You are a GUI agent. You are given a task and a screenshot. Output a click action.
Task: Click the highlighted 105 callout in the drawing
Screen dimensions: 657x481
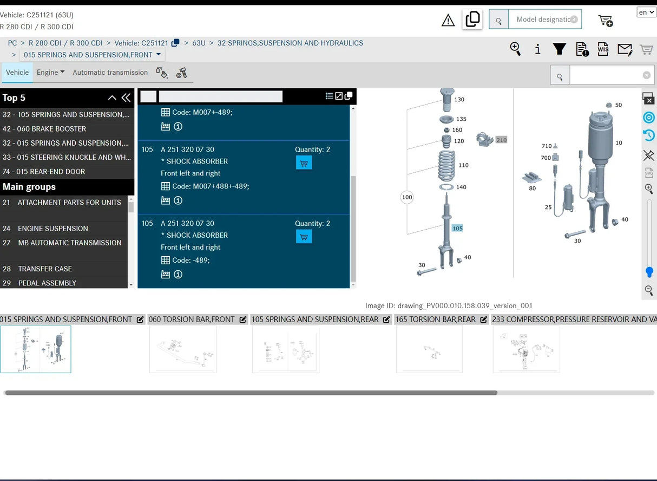(x=457, y=228)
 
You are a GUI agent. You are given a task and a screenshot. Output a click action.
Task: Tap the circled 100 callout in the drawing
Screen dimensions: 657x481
(x=407, y=197)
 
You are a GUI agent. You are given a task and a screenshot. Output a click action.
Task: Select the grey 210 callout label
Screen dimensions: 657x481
(x=501, y=140)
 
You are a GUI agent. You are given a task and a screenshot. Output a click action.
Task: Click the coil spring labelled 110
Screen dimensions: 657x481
(x=446, y=166)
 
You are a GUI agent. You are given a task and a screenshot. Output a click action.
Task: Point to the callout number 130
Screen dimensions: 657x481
(x=459, y=100)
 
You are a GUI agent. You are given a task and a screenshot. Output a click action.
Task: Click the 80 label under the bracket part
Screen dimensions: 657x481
(x=532, y=188)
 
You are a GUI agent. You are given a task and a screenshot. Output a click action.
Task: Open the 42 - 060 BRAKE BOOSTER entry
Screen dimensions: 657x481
(x=44, y=128)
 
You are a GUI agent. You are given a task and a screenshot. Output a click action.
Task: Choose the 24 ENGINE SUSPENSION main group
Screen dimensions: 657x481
(x=45, y=228)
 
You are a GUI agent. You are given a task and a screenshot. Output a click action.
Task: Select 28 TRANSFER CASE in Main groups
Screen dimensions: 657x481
(x=37, y=269)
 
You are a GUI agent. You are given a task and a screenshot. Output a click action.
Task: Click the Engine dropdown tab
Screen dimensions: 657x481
(x=50, y=72)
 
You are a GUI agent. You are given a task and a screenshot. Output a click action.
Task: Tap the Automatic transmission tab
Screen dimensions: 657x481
(x=110, y=72)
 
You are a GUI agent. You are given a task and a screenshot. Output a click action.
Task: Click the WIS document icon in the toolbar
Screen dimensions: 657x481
(x=603, y=49)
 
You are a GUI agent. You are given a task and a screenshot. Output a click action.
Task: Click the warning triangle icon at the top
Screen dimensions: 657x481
(x=448, y=20)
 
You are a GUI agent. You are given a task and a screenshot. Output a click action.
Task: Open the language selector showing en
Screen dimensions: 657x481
(x=646, y=12)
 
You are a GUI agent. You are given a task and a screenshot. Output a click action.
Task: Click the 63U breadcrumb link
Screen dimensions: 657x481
(x=199, y=43)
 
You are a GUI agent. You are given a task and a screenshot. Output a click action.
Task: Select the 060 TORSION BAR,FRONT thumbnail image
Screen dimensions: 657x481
(x=183, y=349)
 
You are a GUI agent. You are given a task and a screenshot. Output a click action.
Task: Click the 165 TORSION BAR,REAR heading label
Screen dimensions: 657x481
(x=435, y=319)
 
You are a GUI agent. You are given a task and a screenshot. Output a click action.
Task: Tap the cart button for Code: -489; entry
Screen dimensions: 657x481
(x=304, y=237)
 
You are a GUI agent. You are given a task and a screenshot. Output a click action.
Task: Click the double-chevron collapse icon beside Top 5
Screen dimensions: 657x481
(x=126, y=97)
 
